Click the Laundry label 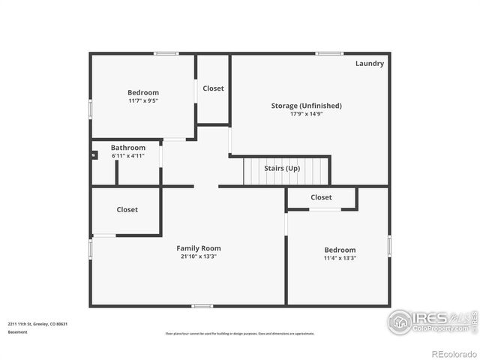click(369, 64)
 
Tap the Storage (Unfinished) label click(306, 106)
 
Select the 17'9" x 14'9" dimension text click(306, 114)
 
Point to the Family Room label click(199, 248)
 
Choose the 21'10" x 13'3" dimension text click(199, 256)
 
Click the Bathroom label click(128, 148)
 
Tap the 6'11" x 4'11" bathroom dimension click(128, 156)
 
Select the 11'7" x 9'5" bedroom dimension click(142, 100)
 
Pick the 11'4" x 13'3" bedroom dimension click(340, 258)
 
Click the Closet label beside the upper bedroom click(213, 88)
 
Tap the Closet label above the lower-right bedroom click(321, 197)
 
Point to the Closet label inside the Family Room click(127, 210)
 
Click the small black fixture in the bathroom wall click(94, 155)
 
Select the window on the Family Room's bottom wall click(202, 306)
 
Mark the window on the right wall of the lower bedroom click(389, 245)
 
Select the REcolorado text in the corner click(453, 354)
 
